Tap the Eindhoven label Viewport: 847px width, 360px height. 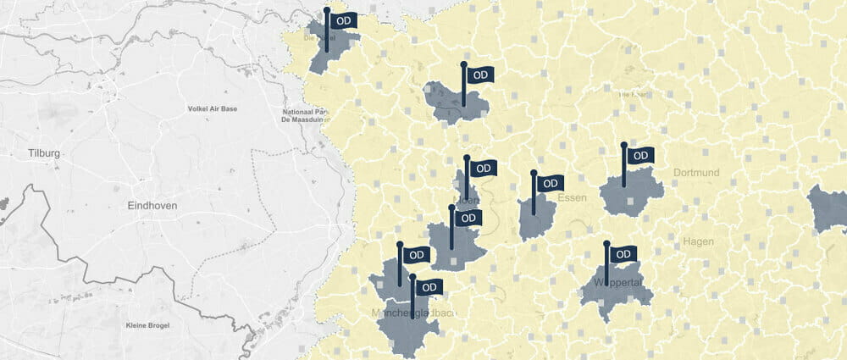click(x=152, y=207)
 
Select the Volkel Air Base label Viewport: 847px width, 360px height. click(x=212, y=109)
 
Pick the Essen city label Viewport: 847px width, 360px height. click(x=573, y=197)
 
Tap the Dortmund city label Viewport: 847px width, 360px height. click(x=696, y=173)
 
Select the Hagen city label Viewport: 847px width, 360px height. click(x=698, y=241)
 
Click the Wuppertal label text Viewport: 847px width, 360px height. click(x=623, y=282)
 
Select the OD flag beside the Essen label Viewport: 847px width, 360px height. click(x=550, y=183)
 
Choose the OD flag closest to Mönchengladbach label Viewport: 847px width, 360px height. click(x=429, y=287)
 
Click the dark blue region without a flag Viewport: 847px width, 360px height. click(x=828, y=208)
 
